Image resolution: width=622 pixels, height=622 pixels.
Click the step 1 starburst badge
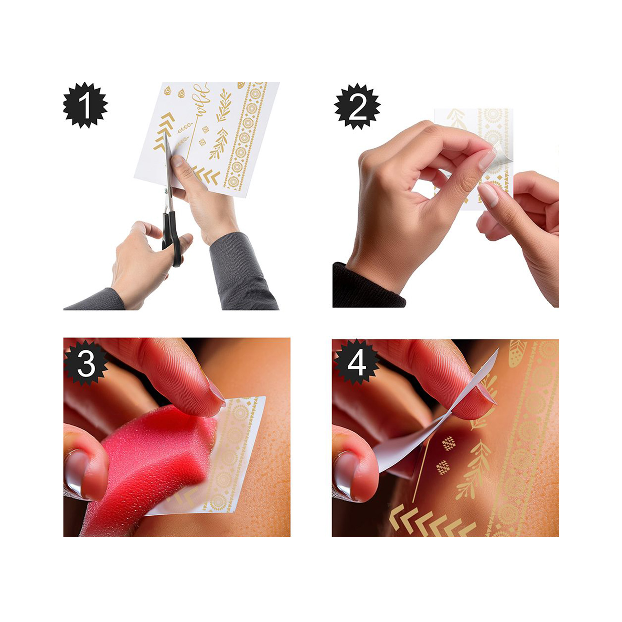85,105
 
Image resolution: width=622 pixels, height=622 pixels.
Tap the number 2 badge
357,106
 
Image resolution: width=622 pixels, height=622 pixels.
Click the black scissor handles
172,238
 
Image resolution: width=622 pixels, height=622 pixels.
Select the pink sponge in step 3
151,464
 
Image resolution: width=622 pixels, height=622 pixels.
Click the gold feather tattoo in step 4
518,354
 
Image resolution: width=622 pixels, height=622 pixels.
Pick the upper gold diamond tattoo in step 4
448,444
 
